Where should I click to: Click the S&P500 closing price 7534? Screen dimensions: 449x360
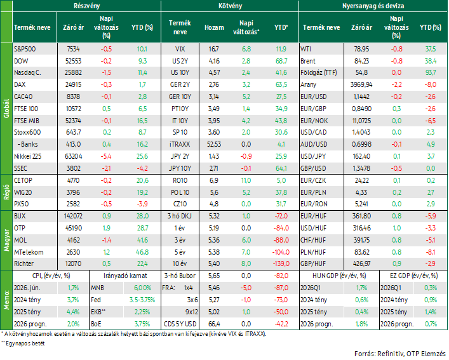(73, 50)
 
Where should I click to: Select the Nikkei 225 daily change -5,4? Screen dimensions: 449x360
(107, 157)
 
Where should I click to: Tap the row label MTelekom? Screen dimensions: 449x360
(29, 252)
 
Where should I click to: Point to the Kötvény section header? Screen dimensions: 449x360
(231, 6)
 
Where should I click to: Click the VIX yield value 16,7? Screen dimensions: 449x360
(213, 50)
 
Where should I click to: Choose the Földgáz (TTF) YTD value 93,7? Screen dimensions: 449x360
(431, 72)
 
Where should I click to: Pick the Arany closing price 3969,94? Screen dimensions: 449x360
(361, 84)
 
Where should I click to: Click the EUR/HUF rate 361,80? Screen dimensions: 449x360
(361, 216)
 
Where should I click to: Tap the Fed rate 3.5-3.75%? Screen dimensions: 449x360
(142, 300)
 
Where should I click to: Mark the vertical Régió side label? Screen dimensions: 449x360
(6, 192)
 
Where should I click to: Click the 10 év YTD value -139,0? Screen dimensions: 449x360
(281, 263)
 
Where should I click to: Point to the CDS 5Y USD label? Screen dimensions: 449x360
(180, 324)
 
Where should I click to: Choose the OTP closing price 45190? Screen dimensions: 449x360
(73, 228)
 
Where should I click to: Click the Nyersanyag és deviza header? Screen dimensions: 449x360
(373, 6)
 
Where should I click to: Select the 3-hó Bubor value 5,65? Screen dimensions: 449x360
(213, 276)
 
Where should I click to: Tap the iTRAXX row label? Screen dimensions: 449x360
(180, 144)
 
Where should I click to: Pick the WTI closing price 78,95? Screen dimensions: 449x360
(361, 50)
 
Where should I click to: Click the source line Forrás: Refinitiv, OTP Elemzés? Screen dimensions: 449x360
(400, 354)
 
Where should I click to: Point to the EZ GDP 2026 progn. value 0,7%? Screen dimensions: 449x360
(431, 324)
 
